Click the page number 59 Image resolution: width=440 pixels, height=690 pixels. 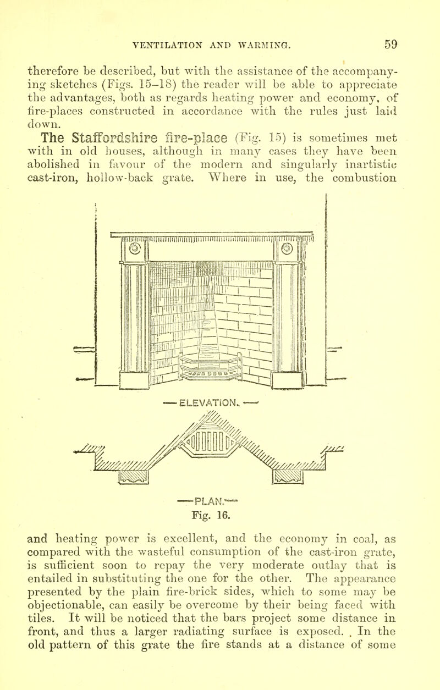click(x=391, y=45)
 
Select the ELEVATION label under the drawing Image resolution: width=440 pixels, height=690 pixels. click(x=209, y=402)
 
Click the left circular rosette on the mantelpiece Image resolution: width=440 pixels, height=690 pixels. click(x=135, y=249)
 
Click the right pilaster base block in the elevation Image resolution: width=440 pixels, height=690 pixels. click(x=287, y=380)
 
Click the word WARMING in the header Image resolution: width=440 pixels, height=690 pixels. click(x=264, y=46)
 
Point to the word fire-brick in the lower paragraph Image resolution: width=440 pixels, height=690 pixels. click(x=191, y=592)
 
